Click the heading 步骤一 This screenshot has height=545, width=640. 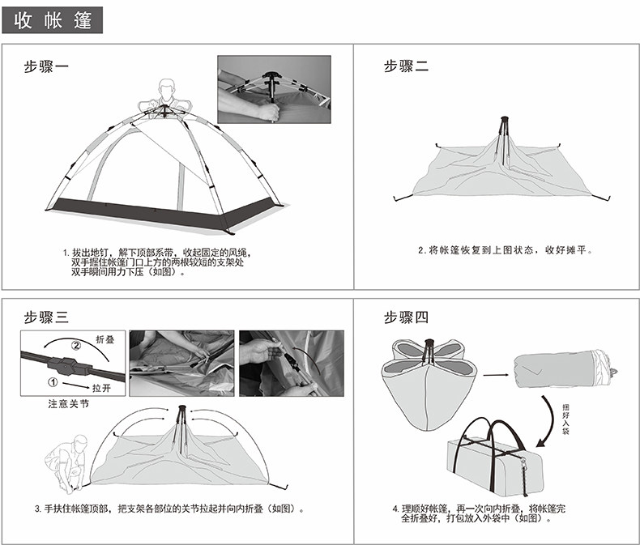tap(45, 67)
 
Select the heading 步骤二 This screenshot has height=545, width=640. tap(406, 67)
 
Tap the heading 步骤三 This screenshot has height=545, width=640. tap(45, 317)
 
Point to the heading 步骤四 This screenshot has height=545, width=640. tap(406, 317)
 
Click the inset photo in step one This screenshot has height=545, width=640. tap(273, 89)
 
